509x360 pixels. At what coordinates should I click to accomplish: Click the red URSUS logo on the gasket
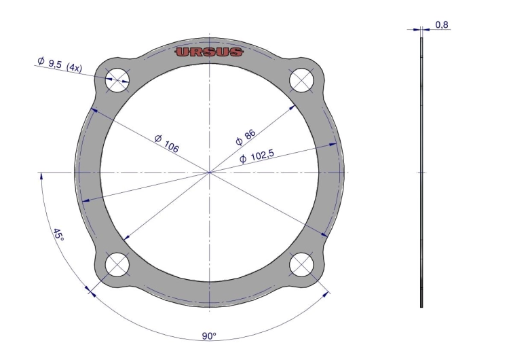[x=210, y=52]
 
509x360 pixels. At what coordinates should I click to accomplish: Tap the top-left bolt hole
[x=117, y=80]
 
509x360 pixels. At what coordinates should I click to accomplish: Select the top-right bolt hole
[x=301, y=80]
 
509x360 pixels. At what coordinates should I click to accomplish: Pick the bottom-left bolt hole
[x=117, y=264]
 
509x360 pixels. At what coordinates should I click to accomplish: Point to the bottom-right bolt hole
[x=301, y=264]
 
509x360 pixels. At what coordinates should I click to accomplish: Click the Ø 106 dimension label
[x=167, y=143]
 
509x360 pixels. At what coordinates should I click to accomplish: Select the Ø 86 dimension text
[x=246, y=137]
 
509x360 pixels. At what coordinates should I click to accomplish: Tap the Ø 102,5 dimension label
[x=257, y=156]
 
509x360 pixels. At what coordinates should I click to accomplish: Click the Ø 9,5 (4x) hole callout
[x=60, y=64]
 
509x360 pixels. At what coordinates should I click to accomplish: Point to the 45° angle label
[x=58, y=234]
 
